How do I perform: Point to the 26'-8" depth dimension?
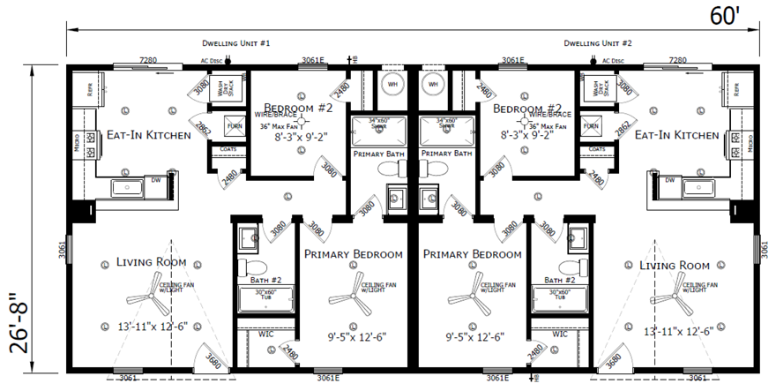pyautogui.click(x=19, y=324)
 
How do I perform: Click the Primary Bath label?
pyautogui.click(x=380, y=153)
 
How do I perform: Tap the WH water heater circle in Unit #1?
pyautogui.click(x=392, y=84)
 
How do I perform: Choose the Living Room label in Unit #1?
pyautogui.click(x=149, y=262)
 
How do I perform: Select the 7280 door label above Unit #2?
pyautogui.click(x=678, y=60)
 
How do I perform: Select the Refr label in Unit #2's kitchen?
pyautogui.click(x=736, y=89)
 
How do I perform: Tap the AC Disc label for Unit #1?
pyautogui.click(x=206, y=61)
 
